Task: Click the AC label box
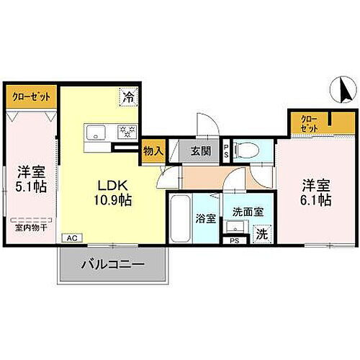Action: [x=71, y=237]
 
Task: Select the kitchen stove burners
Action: [x=126, y=131]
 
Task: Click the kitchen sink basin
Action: [x=96, y=131]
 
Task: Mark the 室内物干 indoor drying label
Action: [x=29, y=228]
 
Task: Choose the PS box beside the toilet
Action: [x=226, y=150]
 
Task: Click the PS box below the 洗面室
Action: [x=233, y=241]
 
